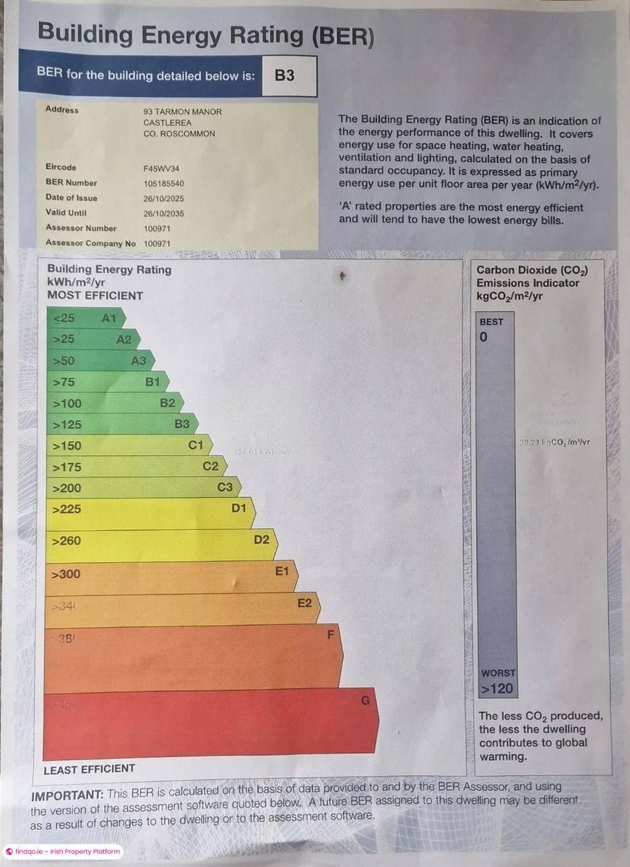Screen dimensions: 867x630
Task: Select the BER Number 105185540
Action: [x=165, y=183]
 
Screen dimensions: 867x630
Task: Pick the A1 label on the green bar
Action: [x=109, y=318]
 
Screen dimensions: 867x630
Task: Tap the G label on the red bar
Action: [x=365, y=700]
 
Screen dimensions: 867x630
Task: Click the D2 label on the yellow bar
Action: [x=262, y=539]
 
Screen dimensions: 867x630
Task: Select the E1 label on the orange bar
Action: [x=282, y=571]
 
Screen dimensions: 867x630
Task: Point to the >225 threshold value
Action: [x=67, y=509]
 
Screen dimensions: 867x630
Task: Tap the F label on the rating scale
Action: [x=331, y=636]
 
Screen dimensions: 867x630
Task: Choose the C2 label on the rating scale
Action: [x=210, y=466]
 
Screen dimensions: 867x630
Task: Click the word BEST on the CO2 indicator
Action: [x=491, y=322]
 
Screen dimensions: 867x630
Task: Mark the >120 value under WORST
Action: [x=497, y=689]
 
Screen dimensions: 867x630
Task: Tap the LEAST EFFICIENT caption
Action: [x=90, y=769]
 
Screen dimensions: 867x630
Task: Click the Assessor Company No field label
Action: [x=90, y=243]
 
